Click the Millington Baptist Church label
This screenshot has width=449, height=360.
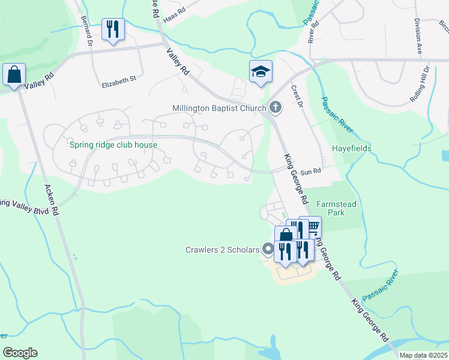pos(219,108)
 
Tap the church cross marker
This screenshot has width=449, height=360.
pos(276,108)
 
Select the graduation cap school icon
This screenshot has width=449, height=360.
pos(261,73)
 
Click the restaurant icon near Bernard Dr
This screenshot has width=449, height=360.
pos(113,29)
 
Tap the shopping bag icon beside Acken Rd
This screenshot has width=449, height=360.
pos(14,75)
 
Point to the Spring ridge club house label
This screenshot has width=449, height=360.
pos(113,145)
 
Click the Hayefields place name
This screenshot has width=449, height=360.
pos(352,148)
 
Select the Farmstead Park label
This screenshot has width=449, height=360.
pos(337,208)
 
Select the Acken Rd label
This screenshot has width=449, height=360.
pos(52,200)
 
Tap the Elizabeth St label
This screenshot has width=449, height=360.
pos(119,79)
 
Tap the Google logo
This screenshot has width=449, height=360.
pos(20,353)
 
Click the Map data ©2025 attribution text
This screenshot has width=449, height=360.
pos(423,355)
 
